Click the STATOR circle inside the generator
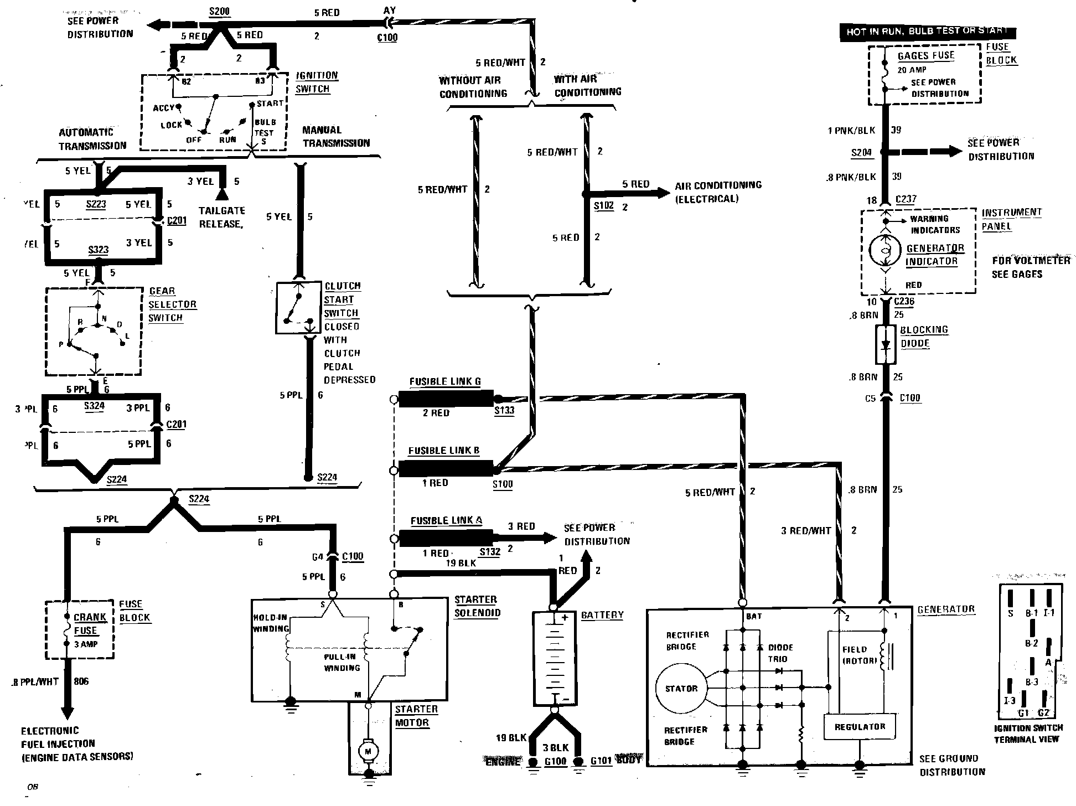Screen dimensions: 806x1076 pos(681,689)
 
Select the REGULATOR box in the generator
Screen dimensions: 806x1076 pos(860,727)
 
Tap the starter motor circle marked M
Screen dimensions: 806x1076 pos(368,751)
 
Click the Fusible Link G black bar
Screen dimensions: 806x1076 pos(446,399)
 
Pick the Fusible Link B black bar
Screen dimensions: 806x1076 pos(446,469)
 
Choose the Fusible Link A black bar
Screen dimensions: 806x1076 pos(446,538)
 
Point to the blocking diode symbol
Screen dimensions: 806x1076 pos(886,344)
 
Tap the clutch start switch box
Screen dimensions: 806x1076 pos(298,308)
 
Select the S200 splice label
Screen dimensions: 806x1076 pos(220,12)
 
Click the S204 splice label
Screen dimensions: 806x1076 pos(862,153)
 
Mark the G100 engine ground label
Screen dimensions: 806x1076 pos(555,762)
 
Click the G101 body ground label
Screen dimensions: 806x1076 pos(601,761)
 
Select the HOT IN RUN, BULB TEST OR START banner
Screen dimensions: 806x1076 pos(928,32)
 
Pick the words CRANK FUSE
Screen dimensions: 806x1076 pos(90,624)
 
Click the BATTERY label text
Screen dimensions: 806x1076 pos(602,615)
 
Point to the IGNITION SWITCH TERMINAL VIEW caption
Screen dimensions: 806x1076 pos(1028,733)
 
